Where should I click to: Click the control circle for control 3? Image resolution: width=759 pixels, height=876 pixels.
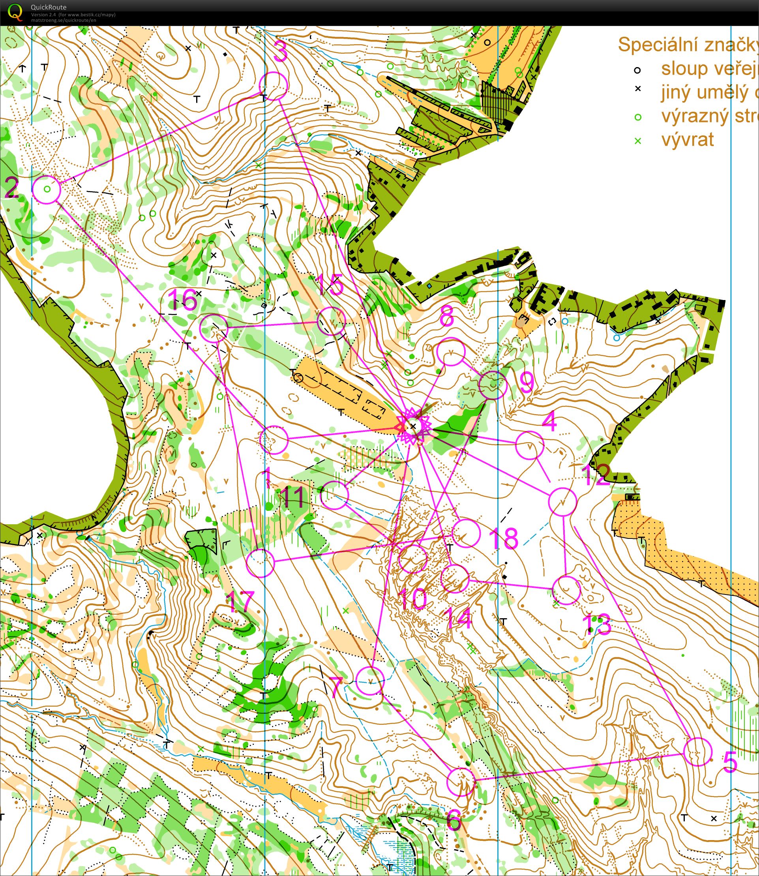[x=273, y=86]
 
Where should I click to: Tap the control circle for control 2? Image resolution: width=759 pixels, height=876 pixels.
[x=47, y=189]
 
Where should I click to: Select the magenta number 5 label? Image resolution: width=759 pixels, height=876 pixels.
[x=730, y=762]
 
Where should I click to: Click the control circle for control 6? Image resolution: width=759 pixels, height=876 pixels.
[x=462, y=782]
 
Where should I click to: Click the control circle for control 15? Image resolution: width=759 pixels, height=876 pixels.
[x=332, y=321]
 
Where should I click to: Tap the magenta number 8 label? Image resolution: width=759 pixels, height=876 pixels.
[x=447, y=316]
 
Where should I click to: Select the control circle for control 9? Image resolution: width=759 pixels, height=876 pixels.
[x=493, y=385]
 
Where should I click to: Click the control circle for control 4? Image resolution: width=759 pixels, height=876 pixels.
[x=530, y=445]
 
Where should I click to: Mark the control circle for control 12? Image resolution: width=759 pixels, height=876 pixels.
[x=562, y=502]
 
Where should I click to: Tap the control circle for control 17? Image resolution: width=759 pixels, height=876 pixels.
[x=260, y=563]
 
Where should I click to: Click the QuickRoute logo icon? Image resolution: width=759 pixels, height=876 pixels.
[x=15, y=12]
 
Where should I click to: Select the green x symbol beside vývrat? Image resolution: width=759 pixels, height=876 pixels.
[x=638, y=141]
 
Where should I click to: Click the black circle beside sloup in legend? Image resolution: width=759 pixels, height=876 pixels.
[x=637, y=70]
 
